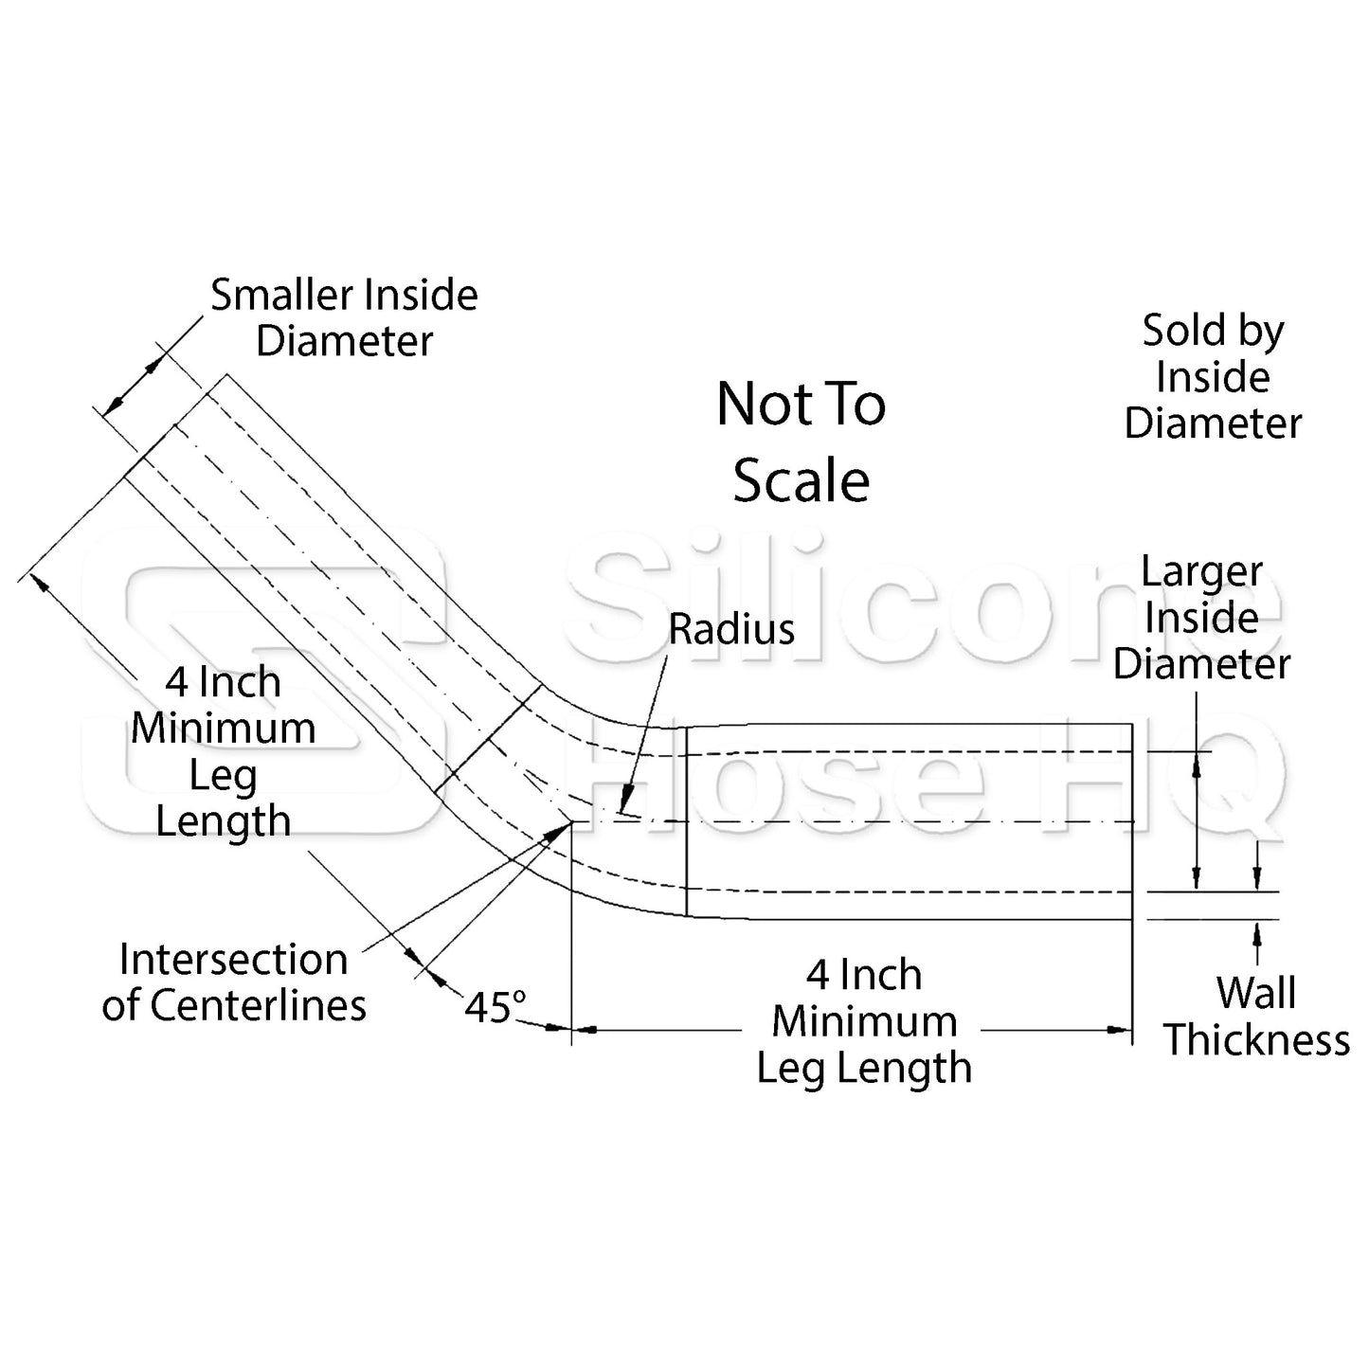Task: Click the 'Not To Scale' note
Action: [801, 441]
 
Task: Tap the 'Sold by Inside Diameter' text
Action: [1213, 377]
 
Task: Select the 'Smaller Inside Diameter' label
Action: [344, 317]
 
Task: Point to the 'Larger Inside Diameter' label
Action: [1201, 618]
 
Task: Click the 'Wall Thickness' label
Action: [1256, 1017]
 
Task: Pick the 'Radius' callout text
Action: [731, 629]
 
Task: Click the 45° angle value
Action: [495, 1008]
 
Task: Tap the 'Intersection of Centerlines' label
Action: [234, 982]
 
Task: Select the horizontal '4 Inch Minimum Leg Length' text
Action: [864, 1021]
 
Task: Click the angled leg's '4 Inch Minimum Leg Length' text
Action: [224, 751]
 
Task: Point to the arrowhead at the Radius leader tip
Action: [622, 806]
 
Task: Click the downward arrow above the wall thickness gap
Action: [1257, 879]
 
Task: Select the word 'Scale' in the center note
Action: [801, 480]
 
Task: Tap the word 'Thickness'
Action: [1256, 1040]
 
